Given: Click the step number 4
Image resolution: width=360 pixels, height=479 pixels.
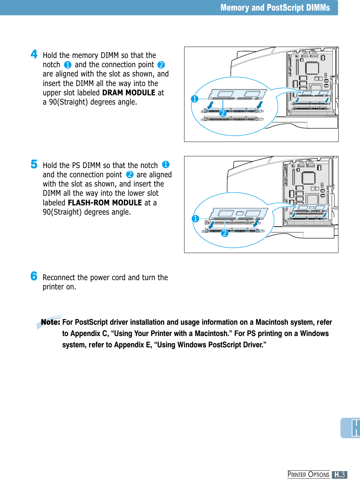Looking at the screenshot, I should (x=34, y=54).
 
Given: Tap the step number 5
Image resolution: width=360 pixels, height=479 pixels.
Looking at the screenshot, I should (x=34, y=164).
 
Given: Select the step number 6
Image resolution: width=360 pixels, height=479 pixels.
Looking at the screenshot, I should (x=34, y=276).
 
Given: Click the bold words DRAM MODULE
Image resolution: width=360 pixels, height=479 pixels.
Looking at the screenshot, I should (x=129, y=93).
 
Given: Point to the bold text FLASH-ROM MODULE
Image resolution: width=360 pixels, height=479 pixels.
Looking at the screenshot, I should (x=105, y=203).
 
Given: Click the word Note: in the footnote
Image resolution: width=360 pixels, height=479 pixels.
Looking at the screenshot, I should (x=50, y=322).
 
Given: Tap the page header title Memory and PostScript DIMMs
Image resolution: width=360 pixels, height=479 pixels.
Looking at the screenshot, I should (x=275, y=8).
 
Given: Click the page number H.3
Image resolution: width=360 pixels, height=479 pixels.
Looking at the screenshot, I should (x=339, y=475).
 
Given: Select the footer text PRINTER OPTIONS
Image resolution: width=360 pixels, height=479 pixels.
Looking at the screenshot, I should (x=308, y=475).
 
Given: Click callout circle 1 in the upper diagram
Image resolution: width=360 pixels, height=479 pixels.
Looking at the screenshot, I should (x=195, y=99).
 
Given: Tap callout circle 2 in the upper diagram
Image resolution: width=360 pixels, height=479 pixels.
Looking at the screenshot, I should (x=223, y=113).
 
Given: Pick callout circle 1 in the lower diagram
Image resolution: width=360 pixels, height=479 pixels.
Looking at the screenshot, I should (x=195, y=219).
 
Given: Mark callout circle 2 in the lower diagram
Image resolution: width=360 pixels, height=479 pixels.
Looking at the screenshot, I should (x=225, y=233).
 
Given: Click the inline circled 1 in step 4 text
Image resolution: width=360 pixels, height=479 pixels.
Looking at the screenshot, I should (x=68, y=65).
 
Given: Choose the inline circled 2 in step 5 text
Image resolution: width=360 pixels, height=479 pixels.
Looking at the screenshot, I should (x=130, y=175).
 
